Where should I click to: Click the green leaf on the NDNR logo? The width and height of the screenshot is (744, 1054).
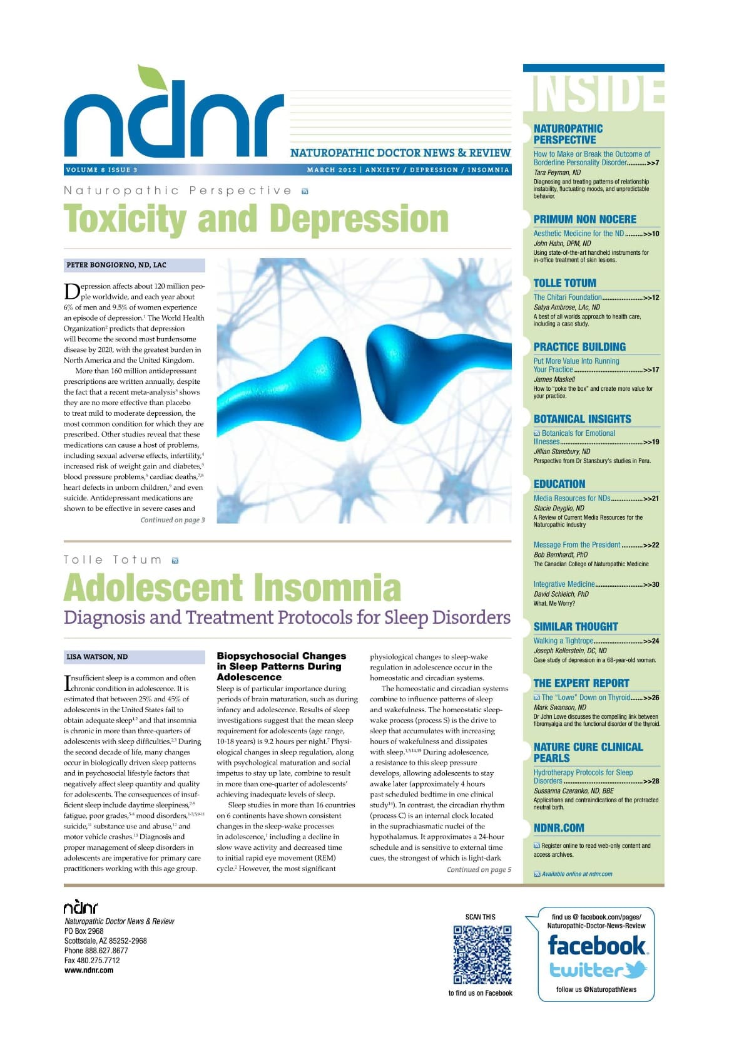click(x=150, y=76)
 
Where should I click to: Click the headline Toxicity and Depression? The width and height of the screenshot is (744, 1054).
click(x=256, y=219)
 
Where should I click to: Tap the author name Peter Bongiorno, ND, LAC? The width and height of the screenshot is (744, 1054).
click(x=116, y=265)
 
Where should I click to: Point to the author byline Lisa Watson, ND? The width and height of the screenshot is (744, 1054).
click(x=97, y=657)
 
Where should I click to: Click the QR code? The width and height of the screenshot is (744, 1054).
click(x=482, y=954)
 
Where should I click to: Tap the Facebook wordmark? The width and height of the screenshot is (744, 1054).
click(x=596, y=945)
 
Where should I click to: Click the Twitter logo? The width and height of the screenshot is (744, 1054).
click(x=598, y=970)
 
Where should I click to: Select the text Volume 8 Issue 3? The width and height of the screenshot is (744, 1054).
click(x=101, y=170)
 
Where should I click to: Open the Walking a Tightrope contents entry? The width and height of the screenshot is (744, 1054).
click(x=563, y=641)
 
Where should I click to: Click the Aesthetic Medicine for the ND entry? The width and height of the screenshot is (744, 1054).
click(x=578, y=234)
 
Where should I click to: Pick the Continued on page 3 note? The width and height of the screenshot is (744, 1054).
click(x=172, y=520)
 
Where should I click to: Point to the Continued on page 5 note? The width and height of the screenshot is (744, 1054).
click(x=479, y=869)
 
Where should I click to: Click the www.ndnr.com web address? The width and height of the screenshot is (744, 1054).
click(x=89, y=970)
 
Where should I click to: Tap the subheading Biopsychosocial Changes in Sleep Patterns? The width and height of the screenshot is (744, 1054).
click(x=281, y=666)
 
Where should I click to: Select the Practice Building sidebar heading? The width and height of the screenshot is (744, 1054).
click(x=579, y=347)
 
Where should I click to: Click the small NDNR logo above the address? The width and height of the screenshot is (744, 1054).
click(x=81, y=907)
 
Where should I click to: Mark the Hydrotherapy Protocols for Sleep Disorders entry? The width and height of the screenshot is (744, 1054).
click(x=583, y=777)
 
